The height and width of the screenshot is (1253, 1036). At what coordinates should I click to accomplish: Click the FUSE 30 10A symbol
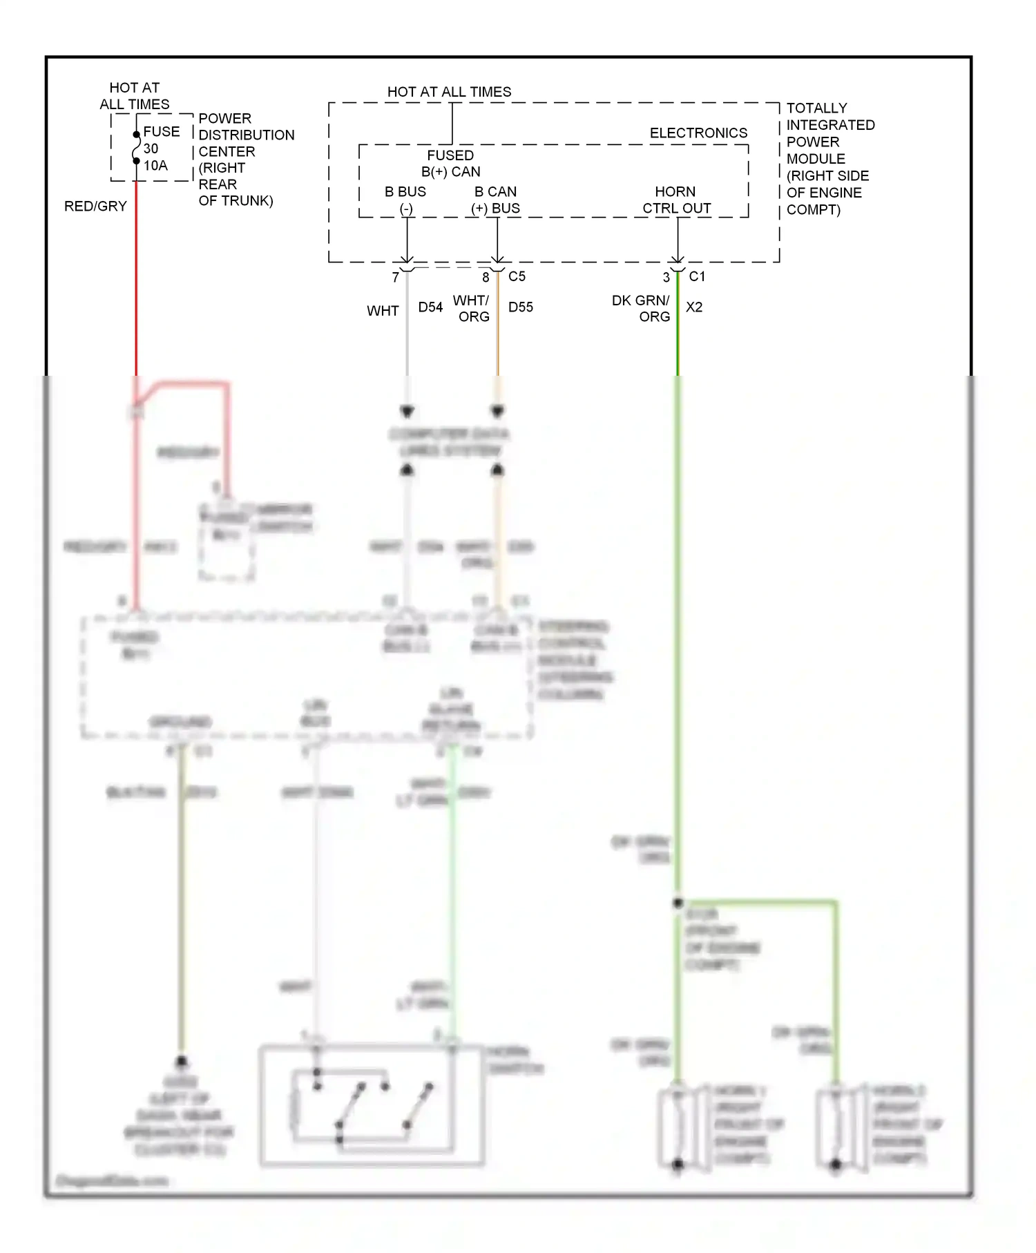coord(137,148)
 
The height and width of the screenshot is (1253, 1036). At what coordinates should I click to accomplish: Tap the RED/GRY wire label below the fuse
coord(95,207)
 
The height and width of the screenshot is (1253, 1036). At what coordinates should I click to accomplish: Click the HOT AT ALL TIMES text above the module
coord(449,92)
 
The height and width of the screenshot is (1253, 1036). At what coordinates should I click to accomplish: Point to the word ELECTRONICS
coord(698,133)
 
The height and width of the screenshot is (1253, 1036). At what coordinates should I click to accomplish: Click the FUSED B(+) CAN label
coord(450,164)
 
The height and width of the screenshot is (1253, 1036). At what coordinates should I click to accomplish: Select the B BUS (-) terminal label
coord(405,200)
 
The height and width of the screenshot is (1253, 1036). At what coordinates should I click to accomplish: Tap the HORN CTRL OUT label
coord(676,200)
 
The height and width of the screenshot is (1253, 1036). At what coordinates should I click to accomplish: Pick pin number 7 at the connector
coord(395,278)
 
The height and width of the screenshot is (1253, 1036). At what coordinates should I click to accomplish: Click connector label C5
coord(517,276)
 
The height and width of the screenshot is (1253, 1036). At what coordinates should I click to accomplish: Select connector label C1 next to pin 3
coord(697,276)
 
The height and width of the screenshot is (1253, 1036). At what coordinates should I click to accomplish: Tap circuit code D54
coord(430,307)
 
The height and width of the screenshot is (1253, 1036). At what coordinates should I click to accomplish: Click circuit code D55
coord(521,307)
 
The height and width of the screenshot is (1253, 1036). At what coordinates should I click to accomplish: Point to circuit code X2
coord(693,307)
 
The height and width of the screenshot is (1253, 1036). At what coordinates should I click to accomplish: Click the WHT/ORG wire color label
coord(472,308)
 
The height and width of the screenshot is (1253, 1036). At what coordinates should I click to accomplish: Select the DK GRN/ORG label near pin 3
coord(641,308)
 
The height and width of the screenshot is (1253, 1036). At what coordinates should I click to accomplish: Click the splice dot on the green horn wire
coord(678,902)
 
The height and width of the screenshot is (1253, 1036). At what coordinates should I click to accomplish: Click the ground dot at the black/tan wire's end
coord(182,1061)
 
